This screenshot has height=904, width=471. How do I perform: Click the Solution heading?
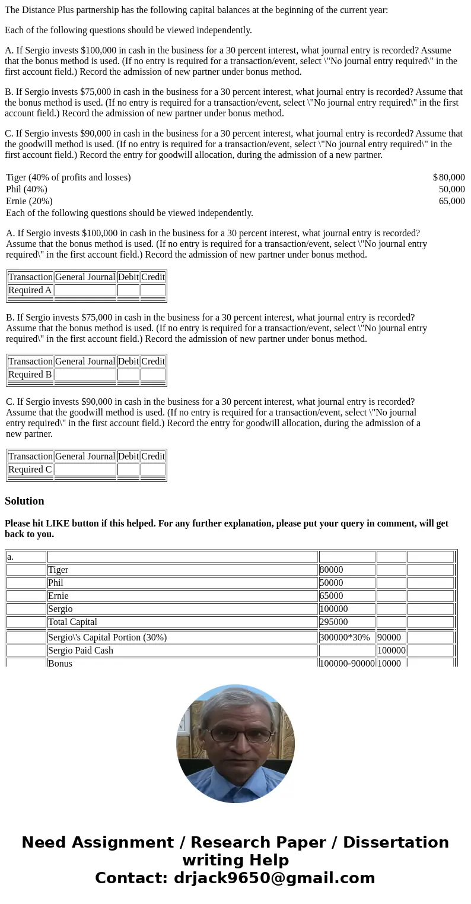pos(24,501)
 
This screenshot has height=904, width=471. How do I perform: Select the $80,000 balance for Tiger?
pos(449,177)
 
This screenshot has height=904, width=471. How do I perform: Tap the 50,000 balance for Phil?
pos(451,189)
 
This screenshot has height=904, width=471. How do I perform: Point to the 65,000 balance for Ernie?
pos(451,201)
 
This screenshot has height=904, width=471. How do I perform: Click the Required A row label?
pos(30,290)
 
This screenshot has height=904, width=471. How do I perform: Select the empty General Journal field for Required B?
pos(85,375)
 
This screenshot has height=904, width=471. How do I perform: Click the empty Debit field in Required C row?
pos(128,470)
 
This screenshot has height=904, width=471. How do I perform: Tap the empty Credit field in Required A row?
pos(152,290)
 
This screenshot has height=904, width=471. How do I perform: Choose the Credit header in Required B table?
pos(152,361)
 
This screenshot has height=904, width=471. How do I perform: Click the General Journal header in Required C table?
pos(85,456)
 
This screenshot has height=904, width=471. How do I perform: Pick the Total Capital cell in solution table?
pos(72,622)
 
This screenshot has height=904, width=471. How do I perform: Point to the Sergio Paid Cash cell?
pos(81,651)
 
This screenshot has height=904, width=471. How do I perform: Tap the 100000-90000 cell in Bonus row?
pos(346,663)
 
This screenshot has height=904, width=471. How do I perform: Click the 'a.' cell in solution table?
pos(11,557)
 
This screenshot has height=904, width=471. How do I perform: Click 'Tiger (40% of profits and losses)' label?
pos(68,177)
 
